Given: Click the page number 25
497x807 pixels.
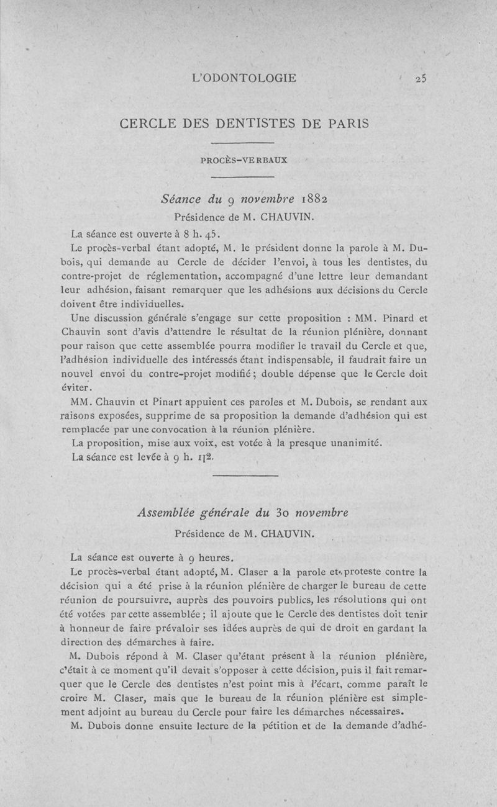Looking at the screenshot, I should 423,78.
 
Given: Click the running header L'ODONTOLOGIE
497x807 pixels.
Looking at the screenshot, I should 245,78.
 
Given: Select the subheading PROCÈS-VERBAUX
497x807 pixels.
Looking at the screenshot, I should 244,160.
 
